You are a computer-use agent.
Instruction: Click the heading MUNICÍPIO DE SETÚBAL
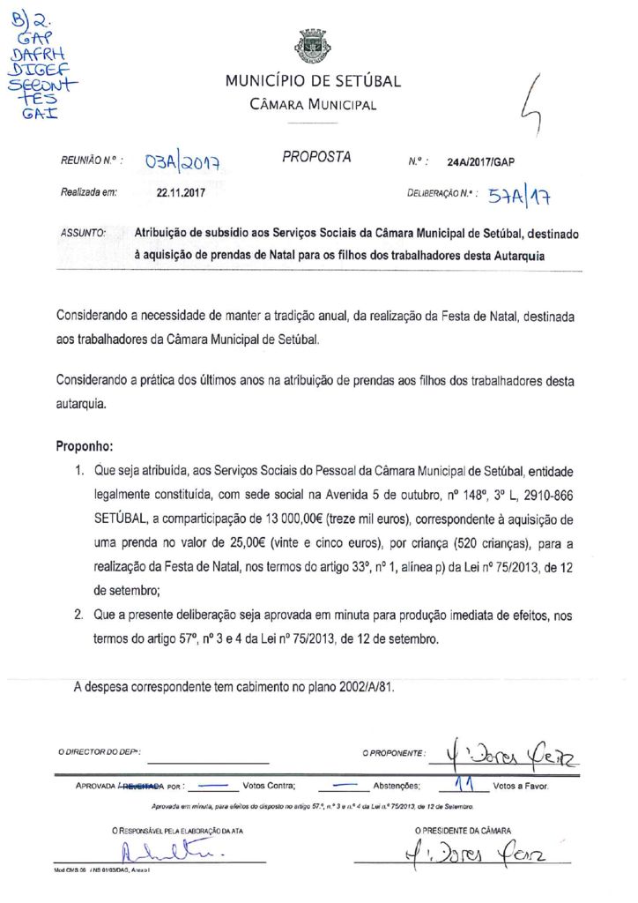[x=313, y=82]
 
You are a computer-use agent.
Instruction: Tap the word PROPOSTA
[x=316, y=157]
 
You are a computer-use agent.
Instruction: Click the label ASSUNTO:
[x=84, y=235]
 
